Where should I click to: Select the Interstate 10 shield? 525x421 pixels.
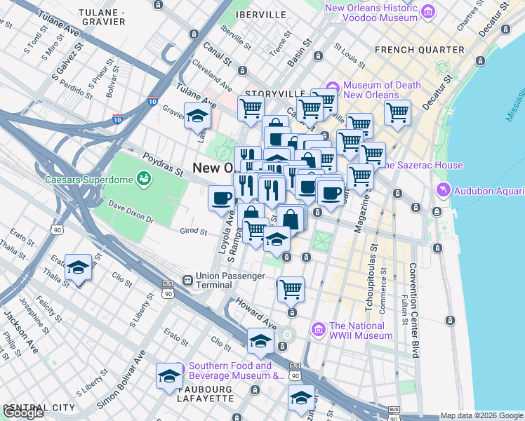click(x=152, y=102)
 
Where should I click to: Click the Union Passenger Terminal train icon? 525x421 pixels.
click(x=188, y=280)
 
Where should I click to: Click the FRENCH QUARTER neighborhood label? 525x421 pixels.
click(x=420, y=50)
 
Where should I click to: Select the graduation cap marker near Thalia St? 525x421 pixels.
click(x=77, y=268)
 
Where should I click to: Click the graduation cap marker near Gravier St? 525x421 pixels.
click(x=198, y=116)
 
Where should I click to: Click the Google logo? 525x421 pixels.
click(x=24, y=413)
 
